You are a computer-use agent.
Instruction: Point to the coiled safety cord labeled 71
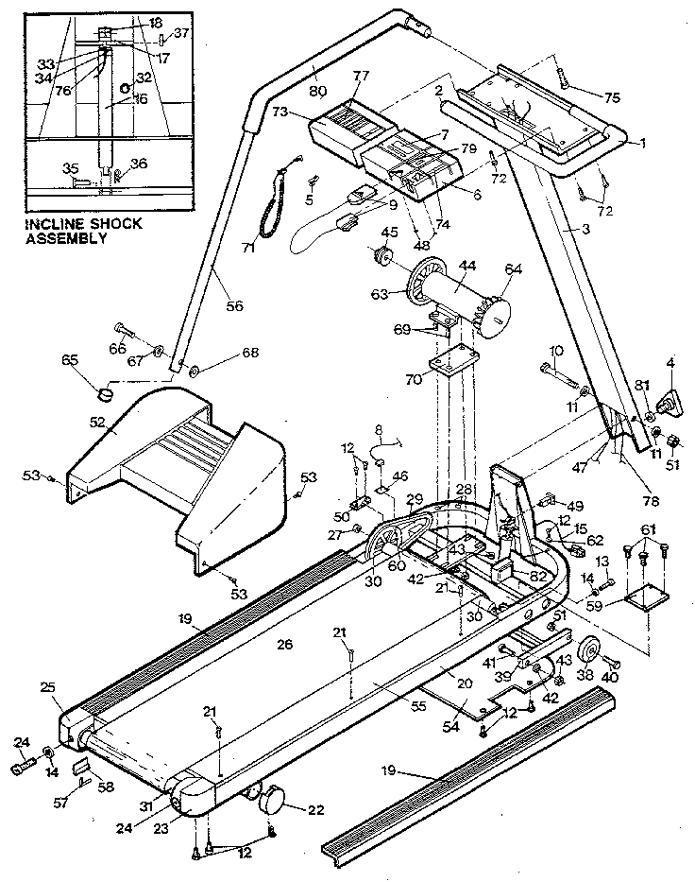[x=274, y=205]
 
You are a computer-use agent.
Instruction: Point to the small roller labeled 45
[x=385, y=255]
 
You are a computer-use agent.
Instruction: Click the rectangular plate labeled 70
[x=450, y=365]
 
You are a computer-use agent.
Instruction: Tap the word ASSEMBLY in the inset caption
[x=66, y=238]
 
